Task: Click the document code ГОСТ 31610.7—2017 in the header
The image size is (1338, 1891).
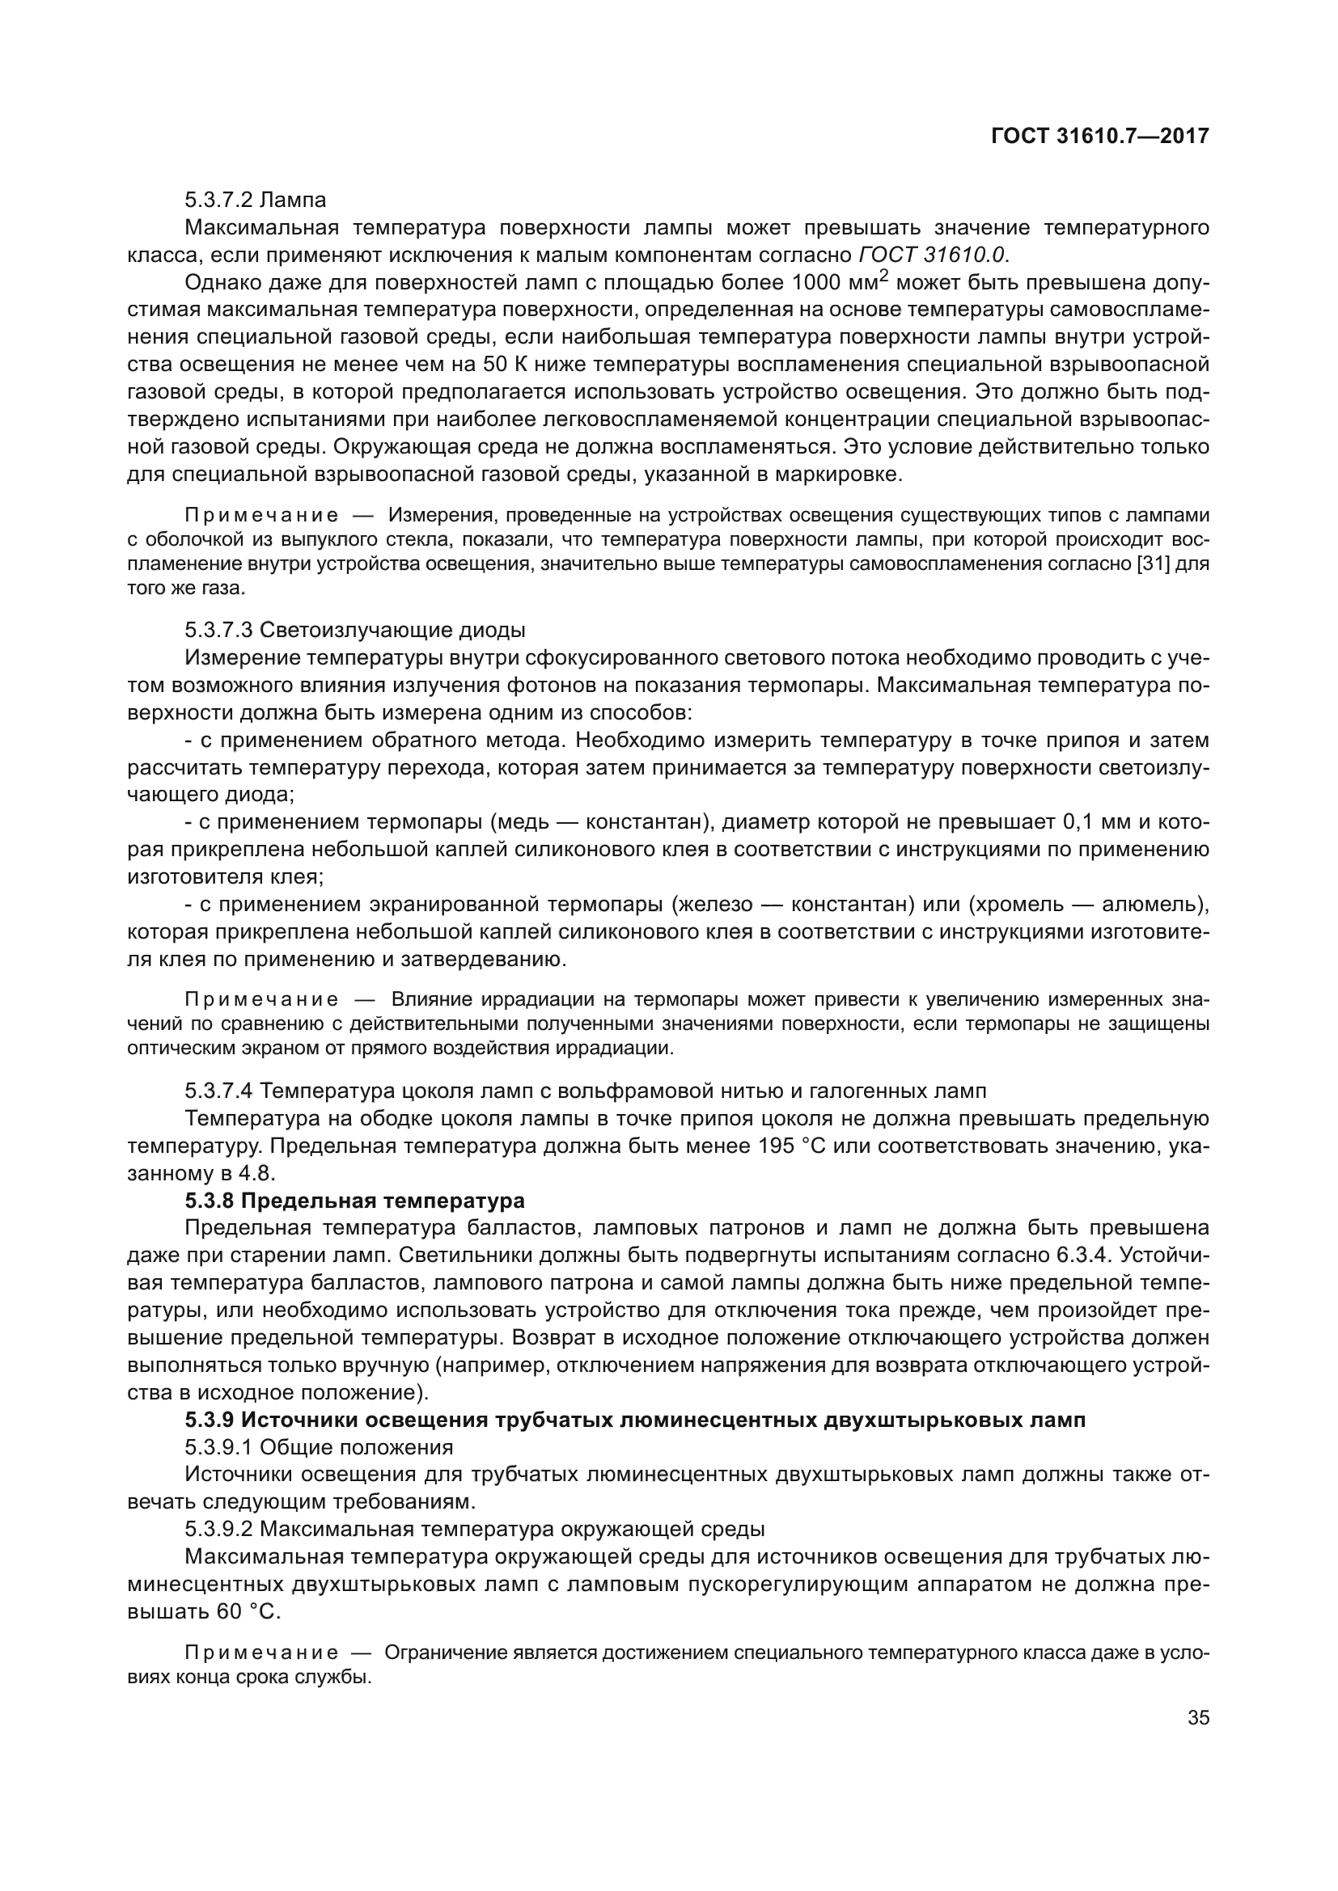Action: (x=1100, y=136)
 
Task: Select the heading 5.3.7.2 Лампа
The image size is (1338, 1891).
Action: (x=256, y=200)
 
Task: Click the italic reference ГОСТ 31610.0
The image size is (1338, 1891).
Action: (x=933, y=255)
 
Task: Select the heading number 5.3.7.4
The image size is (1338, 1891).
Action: (x=218, y=1091)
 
